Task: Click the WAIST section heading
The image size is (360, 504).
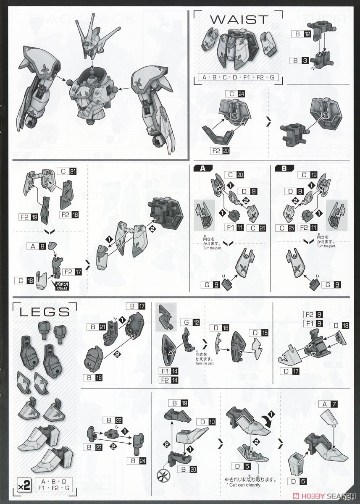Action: [x=239, y=20]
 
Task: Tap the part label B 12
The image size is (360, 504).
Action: [x=302, y=34]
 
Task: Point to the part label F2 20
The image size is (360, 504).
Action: [x=219, y=151]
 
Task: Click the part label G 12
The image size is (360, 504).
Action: [x=188, y=322]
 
